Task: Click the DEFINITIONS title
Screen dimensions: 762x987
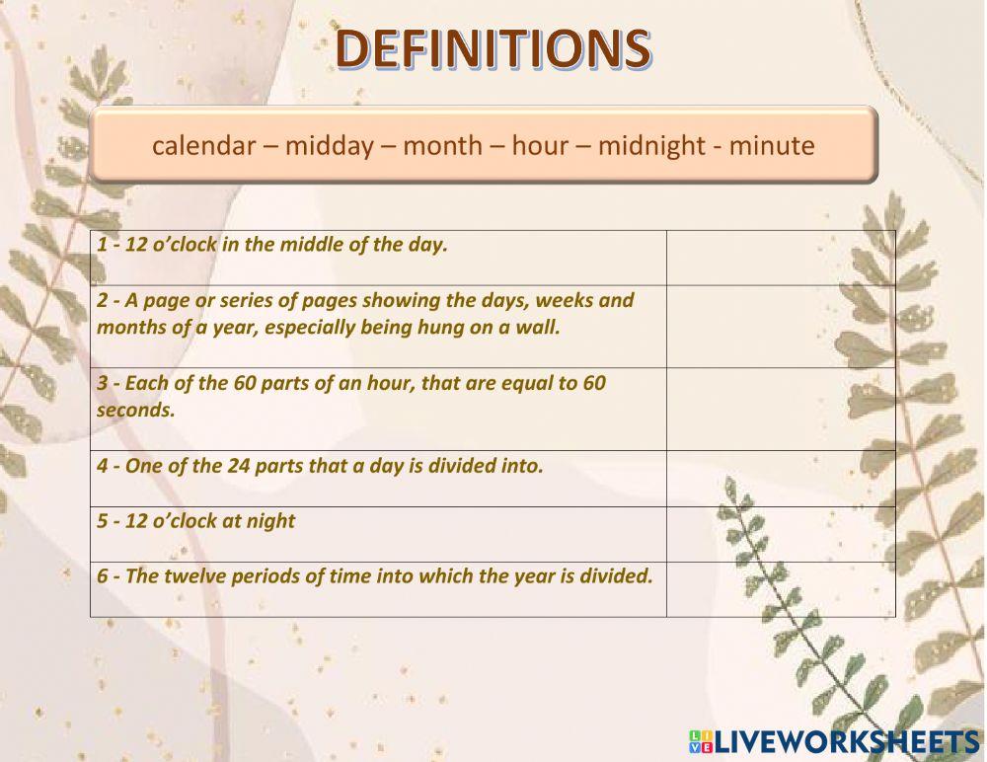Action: pyautogui.click(x=493, y=48)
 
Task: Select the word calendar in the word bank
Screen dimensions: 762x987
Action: pyautogui.click(x=203, y=146)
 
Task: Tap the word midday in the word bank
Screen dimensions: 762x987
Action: pyautogui.click(x=330, y=146)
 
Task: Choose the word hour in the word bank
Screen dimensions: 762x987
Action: pyautogui.click(x=540, y=146)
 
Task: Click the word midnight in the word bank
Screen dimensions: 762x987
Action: pyautogui.click(x=646, y=146)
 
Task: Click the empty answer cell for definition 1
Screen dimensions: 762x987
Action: pyautogui.click(x=781, y=258)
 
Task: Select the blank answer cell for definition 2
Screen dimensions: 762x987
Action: pyautogui.click(x=781, y=327)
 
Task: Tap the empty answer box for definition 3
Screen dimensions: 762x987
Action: pyautogui.click(x=781, y=410)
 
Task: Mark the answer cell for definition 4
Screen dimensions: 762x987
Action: pyautogui.click(x=781, y=479)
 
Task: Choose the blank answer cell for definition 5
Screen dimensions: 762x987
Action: pyautogui.click(x=781, y=534)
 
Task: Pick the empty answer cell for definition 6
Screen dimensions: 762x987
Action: pyautogui.click(x=781, y=589)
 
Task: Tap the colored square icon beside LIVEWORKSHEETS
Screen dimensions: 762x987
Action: pyautogui.click(x=700, y=742)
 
